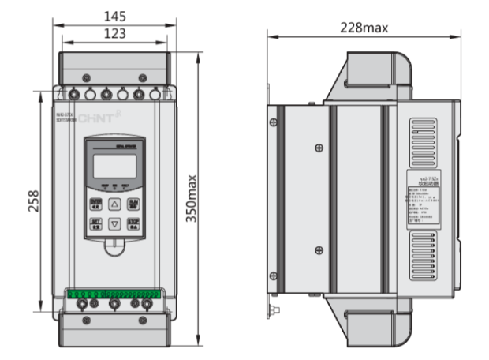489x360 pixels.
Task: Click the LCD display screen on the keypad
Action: (x=114, y=166)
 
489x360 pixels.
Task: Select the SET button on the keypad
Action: (x=95, y=223)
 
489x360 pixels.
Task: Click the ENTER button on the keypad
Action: (x=95, y=203)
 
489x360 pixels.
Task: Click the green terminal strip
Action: (x=114, y=294)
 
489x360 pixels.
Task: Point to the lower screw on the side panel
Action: (x=319, y=249)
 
